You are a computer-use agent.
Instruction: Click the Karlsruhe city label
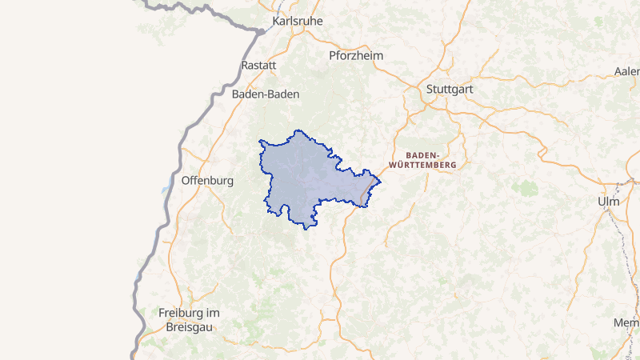click(x=298, y=21)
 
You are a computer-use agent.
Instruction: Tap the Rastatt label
click(x=258, y=66)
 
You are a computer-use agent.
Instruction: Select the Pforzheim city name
click(x=356, y=56)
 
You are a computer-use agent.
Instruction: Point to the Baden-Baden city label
click(x=266, y=94)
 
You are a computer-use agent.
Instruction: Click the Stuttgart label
click(x=450, y=89)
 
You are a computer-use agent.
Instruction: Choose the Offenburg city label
click(x=207, y=181)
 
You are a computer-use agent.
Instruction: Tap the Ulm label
click(x=608, y=202)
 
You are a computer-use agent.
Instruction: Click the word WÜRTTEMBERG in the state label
click(x=422, y=165)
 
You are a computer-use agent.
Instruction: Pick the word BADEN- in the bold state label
click(x=422, y=154)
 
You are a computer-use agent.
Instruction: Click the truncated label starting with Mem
click(x=626, y=322)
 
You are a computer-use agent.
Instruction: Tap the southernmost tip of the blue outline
click(x=306, y=230)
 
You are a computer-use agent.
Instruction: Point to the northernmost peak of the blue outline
click(x=299, y=130)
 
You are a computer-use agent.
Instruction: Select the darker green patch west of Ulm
click(x=526, y=188)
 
